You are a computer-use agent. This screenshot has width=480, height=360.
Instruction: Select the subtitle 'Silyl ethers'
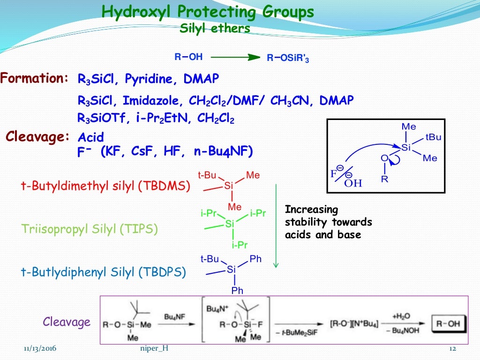coord(215,28)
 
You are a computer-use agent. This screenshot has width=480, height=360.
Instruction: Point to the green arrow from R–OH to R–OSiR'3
coord(235,57)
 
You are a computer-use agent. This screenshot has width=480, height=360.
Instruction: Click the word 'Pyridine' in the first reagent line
coord(151,79)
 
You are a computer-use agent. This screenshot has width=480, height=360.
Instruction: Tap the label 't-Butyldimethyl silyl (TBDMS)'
coord(105,186)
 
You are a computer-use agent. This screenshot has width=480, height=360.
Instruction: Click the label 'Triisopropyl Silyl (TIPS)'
coord(90,229)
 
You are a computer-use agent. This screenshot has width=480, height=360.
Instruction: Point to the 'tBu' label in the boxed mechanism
coord(433,137)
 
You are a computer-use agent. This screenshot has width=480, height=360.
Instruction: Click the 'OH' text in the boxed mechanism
coord(353,183)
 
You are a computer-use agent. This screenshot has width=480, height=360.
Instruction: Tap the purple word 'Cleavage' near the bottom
coord(67,322)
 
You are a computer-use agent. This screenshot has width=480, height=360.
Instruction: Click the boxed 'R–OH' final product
coord(447,323)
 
